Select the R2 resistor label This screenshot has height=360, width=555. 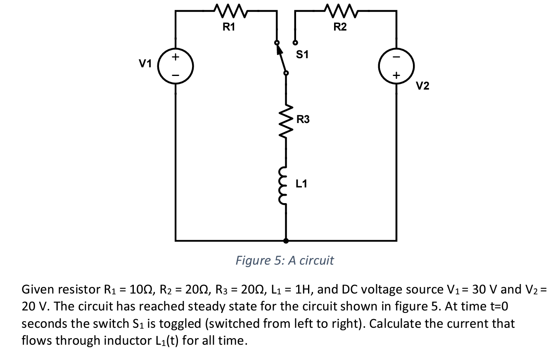coord(340,28)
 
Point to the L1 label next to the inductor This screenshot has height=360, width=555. coord(301,184)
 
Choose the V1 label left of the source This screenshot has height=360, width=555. coord(145,64)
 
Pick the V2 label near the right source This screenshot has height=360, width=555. coord(422,86)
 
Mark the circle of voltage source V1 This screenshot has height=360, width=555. coord(176,65)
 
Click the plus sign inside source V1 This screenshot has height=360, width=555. coord(176,57)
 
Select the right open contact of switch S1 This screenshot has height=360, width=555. coord(295,42)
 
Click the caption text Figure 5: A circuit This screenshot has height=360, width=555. coord(285,261)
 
